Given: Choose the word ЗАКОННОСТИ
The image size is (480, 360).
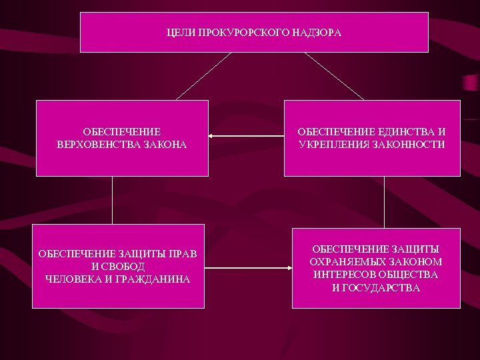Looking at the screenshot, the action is tap(411, 144).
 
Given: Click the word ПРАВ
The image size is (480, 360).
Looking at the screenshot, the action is tap(187, 254).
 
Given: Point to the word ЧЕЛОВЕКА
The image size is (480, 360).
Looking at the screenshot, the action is tap(73, 279).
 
